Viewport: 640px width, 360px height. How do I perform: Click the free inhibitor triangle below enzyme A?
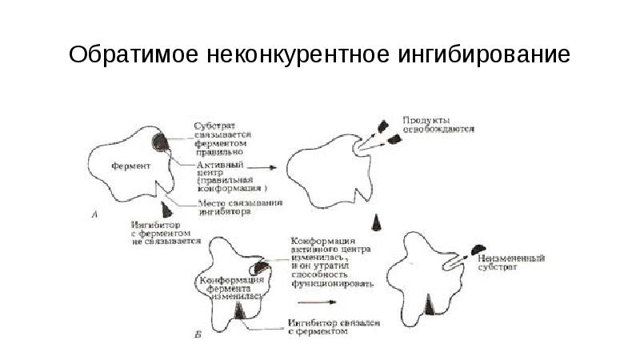point(166,210)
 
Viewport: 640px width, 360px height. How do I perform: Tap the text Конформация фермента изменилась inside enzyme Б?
point(231,286)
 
